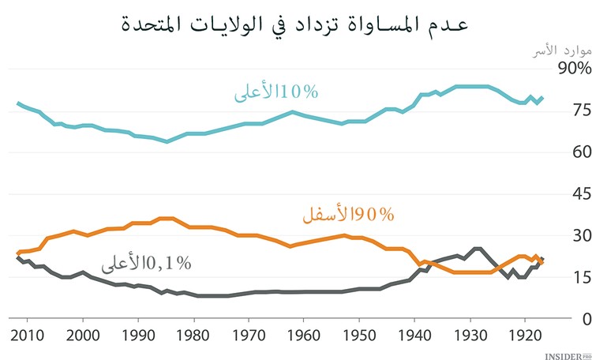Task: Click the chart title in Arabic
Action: (295, 23)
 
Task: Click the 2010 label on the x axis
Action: (28, 334)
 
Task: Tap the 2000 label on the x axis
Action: (83, 334)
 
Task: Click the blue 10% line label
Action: (275, 93)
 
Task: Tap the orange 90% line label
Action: (347, 214)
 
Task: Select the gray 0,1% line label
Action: (145, 263)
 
